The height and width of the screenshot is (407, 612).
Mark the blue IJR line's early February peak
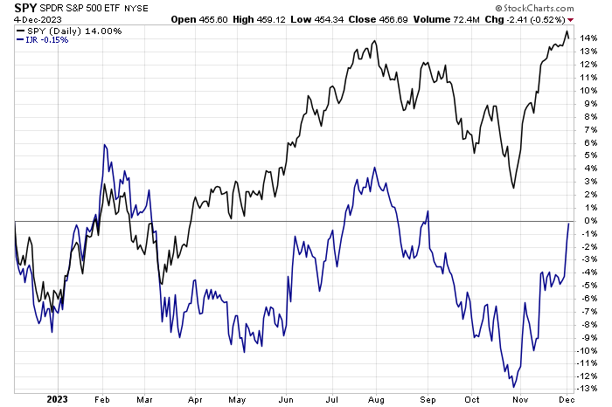point(106,144)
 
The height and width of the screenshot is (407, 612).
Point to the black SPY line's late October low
point(513,187)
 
